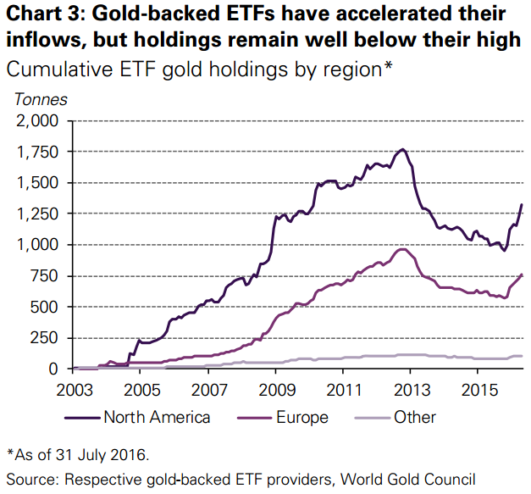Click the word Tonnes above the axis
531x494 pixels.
click(x=41, y=99)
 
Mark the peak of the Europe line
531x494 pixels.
click(x=403, y=248)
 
